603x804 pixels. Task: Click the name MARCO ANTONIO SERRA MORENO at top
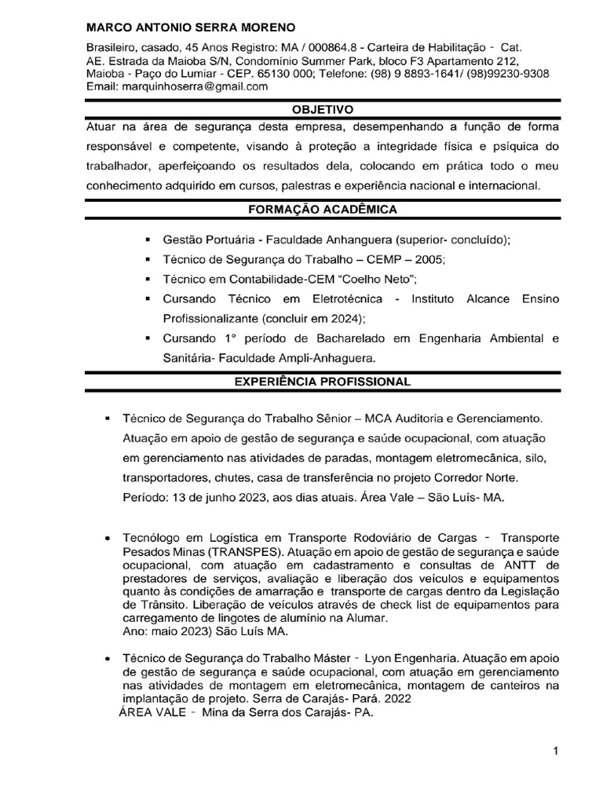pos(186,28)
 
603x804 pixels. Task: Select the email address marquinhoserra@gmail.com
pos(196,87)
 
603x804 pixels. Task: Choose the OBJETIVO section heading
pos(323,110)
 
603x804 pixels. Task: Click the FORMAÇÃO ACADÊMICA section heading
pos(323,210)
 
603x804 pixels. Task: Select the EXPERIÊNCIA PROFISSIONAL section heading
pos(323,382)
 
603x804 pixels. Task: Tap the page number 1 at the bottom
pos(555,751)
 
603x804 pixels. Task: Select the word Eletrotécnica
pos(343,299)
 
